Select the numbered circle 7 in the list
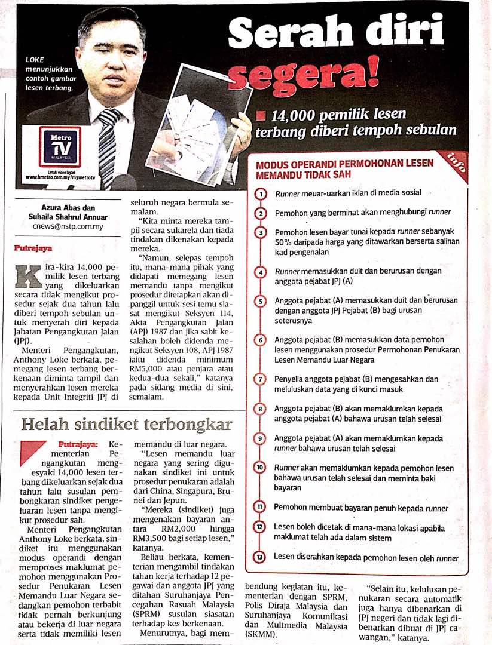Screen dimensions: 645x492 pyautogui.click(x=261, y=380)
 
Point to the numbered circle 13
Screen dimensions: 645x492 pyautogui.click(x=261, y=557)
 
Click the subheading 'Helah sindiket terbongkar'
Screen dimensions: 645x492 pyautogui.click(x=126, y=424)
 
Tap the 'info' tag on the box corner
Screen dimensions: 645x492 pyautogui.click(x=459, y=163)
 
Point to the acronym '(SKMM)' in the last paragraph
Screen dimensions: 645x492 pyautogui.click(x=262, y=634)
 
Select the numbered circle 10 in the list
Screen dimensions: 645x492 pyautogui.click(x=261, y=468)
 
